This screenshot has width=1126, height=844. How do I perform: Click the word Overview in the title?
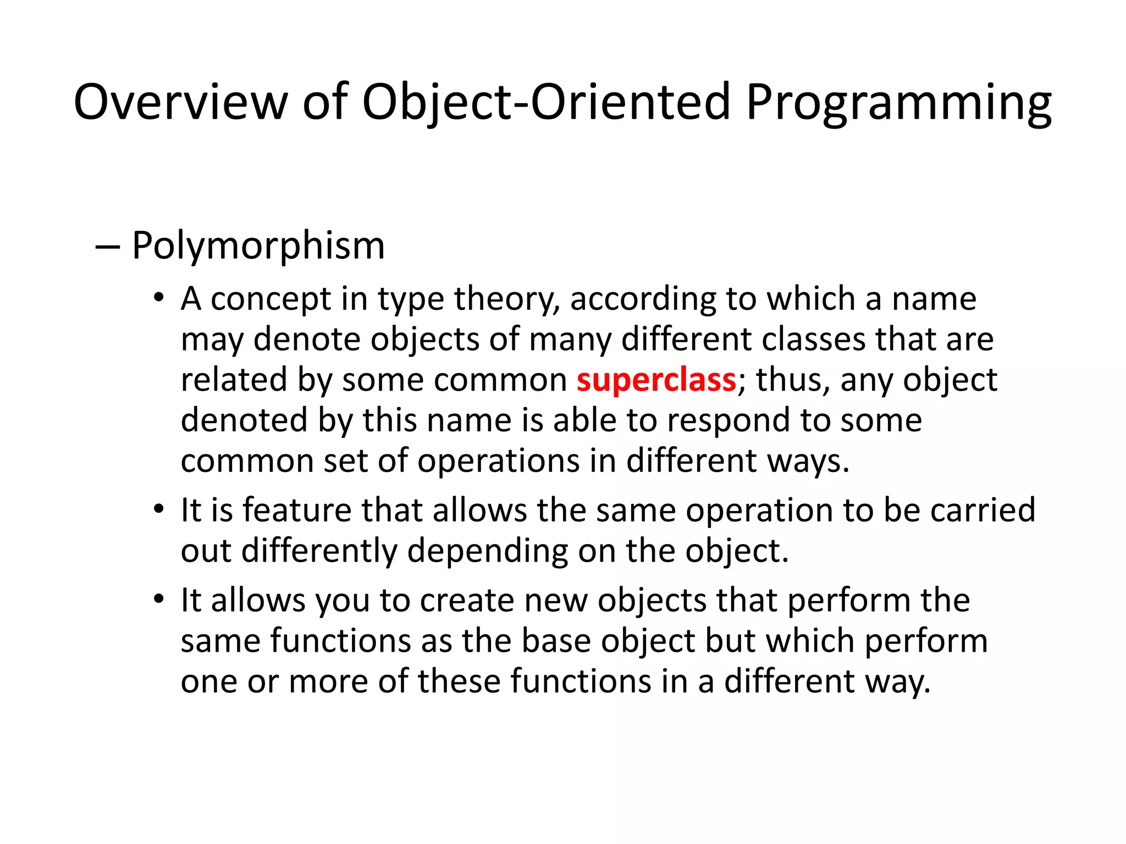pyautogui.click(x=180, y=102)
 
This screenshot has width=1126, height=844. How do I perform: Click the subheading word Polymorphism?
pyautogui.click(x=258, y=246)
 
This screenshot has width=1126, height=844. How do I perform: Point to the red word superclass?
pyautogui.click(x=656, y=380)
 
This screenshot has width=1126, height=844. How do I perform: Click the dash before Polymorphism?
pyautogui.click(x=107, y=247)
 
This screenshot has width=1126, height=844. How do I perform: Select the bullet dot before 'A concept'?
pyautogui.click(x=159, y=298)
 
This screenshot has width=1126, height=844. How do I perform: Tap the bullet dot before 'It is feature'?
pyautogui.click(x=159, y=509)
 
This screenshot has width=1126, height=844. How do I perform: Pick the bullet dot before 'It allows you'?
pyautogui.click(x=159, y=599)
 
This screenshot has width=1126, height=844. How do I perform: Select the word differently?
pyautogui.click(x=319, y=551)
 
